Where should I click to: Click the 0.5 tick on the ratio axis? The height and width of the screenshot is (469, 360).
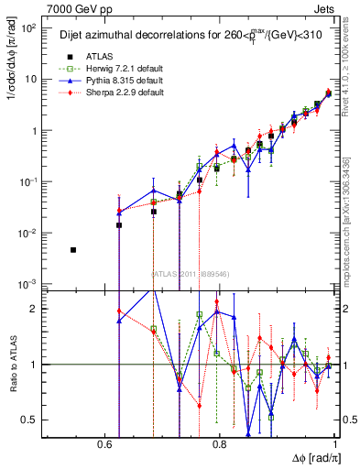click(30, 420)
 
